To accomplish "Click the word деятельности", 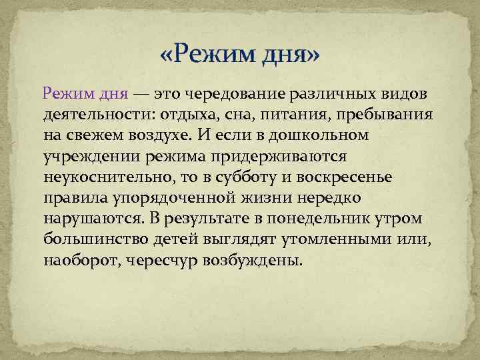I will coord(90,114).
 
